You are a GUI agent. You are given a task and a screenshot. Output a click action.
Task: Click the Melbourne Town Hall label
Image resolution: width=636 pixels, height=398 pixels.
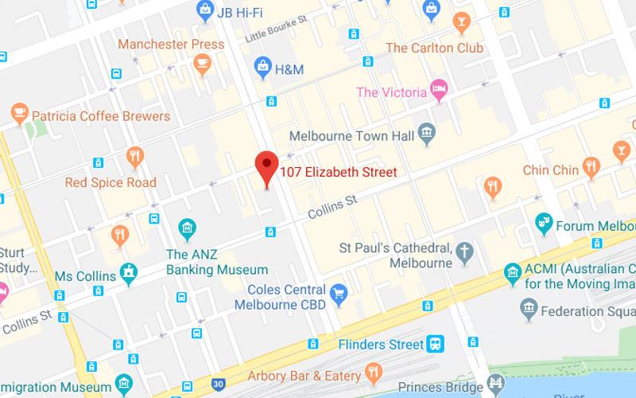[351, 136]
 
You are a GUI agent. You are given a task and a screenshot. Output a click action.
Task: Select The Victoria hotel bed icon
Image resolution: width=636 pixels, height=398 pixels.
[438, 90]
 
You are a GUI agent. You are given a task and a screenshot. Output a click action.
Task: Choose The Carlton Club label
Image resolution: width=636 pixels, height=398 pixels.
[434, 48]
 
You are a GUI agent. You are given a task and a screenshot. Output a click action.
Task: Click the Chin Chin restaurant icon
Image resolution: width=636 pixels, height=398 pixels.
[590, 168]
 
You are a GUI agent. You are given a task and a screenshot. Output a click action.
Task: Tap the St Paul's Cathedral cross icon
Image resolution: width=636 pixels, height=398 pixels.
[464, 254]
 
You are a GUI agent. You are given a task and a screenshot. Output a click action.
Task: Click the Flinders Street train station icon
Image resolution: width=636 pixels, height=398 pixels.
[436, 344]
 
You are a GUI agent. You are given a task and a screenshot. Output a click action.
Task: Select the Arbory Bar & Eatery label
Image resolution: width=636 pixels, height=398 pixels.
[304, 376]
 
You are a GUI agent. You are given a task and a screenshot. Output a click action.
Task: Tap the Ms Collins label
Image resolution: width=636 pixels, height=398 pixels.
[86, 275]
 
